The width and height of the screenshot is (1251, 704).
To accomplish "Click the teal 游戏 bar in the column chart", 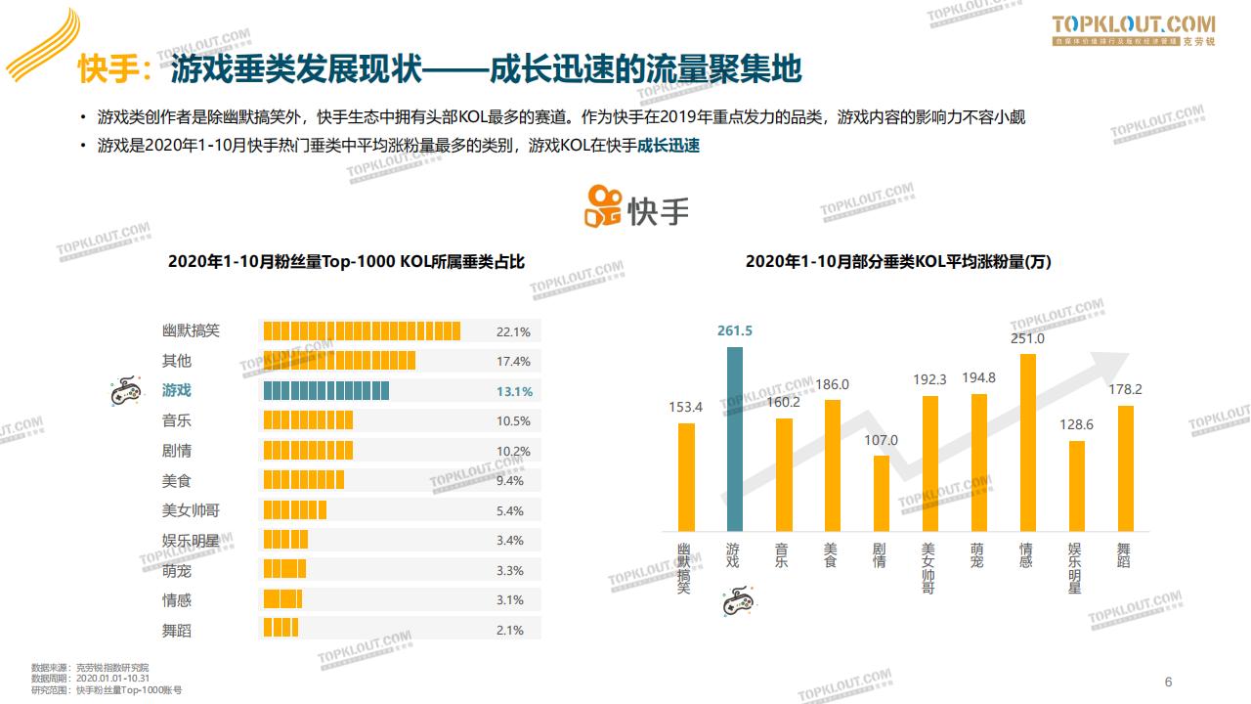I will coord(735,439).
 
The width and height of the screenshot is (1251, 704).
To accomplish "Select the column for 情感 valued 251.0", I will coord(1027,442).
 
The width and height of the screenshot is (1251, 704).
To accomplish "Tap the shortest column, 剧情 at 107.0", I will coord(882,493).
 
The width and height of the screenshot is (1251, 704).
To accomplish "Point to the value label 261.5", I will coord(735,331).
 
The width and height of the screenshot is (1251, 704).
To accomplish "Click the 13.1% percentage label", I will coord(514,391).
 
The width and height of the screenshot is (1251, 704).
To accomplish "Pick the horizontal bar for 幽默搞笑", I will coord(362,331).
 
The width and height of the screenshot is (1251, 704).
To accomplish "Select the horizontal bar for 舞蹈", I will coord(280,630).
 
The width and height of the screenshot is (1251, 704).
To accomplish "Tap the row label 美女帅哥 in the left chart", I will coord(191,510).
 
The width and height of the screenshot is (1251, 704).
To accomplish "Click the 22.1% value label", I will coord(513,331).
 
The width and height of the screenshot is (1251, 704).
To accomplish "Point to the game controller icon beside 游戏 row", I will coord(124,391).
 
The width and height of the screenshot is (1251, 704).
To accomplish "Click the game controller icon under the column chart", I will coord(738,601).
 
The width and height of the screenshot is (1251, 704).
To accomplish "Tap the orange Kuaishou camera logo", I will coord(603,207).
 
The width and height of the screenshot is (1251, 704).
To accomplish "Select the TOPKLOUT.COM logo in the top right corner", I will coord(1134,30).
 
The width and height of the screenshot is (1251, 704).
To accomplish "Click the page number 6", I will coord(1168,682).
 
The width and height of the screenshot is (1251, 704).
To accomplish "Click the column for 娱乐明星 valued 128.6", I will coord(1076,486).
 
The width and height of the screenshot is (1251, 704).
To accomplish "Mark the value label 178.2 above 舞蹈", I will coord(1125,389).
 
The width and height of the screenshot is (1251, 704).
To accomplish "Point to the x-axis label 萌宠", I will coord(977,555).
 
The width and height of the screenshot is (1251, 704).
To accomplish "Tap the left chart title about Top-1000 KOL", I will coord(346,262).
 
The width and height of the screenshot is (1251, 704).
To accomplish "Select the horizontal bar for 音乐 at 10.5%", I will coord(308,421).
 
